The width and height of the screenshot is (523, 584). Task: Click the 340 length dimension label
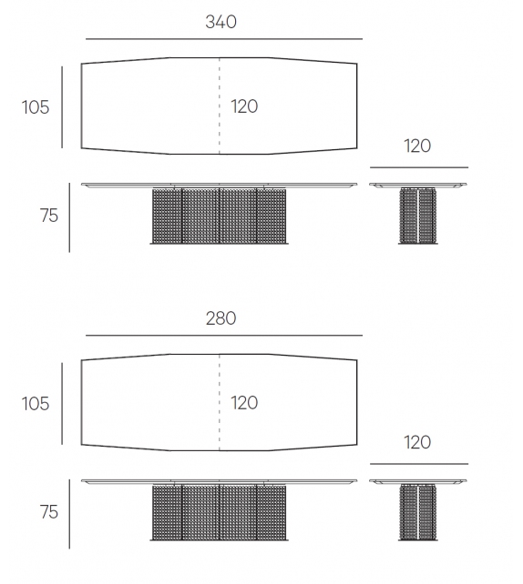pyautogui.click(x=220, y=22)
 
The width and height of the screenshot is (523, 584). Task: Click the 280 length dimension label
pyautogui.click(x=220, y=318)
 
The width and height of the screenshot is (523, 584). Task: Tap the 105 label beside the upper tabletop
pyautogui.click(x=36, y=107)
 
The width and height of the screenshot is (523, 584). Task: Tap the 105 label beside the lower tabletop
pyautogui.click(x=36, y=404)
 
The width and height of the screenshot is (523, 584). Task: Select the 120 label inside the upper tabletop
pyautogui.click(x=244, y=106)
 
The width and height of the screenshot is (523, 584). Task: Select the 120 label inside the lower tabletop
pyautogui.click(x=244, y=403)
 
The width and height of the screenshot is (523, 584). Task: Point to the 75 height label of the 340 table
pyautogui.click(x=49, y=216)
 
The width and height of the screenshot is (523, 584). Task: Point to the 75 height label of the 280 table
pyautogui.click(x=49, y=512)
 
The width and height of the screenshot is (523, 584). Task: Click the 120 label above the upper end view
pyautogui.click(x=417, y=146)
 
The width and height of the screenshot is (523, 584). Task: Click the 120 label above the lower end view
pyautogui.click(x=417, y=442)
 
